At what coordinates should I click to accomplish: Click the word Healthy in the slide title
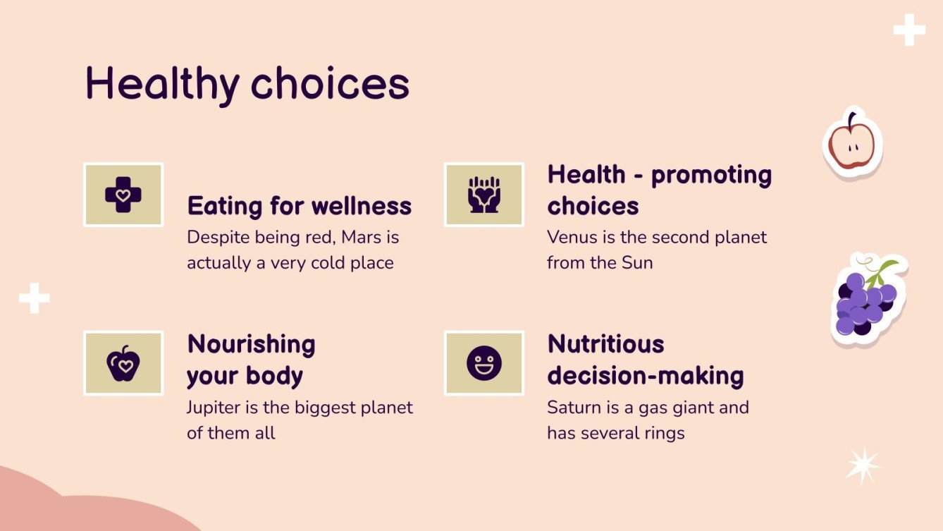[162, 84]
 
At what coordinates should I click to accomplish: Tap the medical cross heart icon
[123, 195]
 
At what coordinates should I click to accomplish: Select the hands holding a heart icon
[483, 195]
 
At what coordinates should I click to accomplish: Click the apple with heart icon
[123, 363]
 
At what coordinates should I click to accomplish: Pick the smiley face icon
[483, 363]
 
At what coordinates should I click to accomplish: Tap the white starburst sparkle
[863, 465]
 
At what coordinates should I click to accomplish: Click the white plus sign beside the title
[909, 30]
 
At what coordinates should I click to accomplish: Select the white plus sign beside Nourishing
[35, 298]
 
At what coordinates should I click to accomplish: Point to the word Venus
[572, 238]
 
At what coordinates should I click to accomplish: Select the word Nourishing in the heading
[251, 345]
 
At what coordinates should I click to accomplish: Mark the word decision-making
[646, 376]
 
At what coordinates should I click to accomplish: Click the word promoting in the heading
[711, 175]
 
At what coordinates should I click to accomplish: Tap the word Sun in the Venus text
[636, 263]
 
